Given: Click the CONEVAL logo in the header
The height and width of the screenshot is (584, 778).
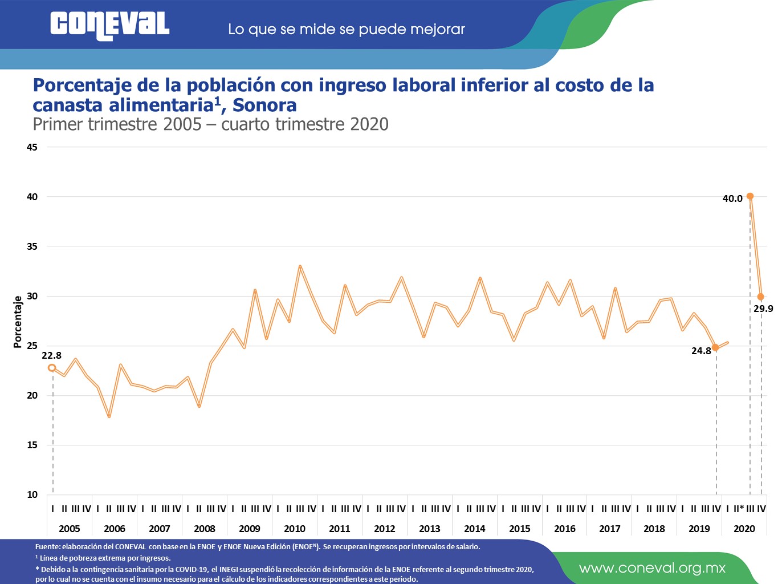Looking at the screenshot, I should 109,26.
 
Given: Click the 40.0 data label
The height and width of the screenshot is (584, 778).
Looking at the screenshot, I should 732,198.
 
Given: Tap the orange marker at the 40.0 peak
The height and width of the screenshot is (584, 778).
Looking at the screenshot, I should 750,196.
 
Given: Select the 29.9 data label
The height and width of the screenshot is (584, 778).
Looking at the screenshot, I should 763,309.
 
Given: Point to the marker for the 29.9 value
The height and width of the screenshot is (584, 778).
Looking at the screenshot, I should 761,297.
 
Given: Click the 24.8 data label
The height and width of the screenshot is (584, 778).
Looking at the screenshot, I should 701,351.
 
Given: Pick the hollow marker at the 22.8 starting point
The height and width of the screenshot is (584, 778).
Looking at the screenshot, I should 52,368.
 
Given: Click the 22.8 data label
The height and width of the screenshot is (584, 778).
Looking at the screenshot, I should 51,355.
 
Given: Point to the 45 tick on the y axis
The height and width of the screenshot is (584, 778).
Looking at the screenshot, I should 32,147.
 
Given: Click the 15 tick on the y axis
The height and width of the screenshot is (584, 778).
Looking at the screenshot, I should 32,445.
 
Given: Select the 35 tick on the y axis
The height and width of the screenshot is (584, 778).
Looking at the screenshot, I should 32,246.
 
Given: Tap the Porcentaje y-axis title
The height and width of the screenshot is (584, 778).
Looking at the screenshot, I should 18,322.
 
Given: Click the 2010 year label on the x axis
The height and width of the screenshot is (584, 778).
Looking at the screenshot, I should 295,529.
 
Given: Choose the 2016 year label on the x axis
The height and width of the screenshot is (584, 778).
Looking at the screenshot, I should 565,529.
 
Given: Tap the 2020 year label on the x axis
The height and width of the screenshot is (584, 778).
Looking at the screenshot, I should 744,529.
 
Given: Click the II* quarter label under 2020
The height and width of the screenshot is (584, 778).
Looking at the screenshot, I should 739,509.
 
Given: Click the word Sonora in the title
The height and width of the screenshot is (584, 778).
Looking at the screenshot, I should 264,105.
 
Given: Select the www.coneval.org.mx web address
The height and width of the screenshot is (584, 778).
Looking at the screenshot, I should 652,568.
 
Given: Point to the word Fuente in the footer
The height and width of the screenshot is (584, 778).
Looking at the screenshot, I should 47,546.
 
